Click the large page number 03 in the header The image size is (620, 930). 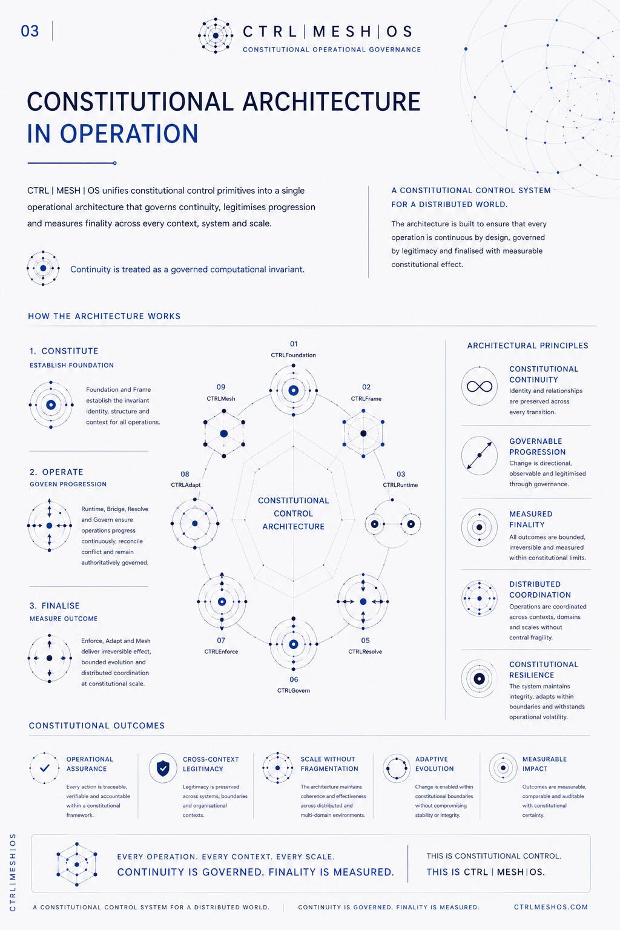30,31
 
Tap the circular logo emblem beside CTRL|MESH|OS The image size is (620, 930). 216,36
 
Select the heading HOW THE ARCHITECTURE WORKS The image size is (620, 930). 104,317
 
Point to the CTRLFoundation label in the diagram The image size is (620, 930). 293,355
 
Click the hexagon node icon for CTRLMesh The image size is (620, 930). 224,434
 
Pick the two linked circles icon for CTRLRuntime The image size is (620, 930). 392,524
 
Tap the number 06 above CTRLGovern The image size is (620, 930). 294,680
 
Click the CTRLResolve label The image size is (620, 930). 365,652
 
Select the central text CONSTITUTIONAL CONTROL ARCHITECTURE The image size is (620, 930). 293,513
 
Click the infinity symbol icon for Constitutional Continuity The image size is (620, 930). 479,386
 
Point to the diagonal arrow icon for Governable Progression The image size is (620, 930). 479,455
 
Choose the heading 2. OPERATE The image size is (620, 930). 56,472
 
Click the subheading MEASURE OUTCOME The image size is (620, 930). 64,619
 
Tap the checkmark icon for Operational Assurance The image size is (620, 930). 44,768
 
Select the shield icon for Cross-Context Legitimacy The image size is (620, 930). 163,768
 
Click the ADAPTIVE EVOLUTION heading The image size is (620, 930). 434,764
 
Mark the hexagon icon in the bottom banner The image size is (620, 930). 77,865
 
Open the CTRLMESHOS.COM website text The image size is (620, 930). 550,907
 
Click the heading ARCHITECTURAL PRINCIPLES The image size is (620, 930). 527,346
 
